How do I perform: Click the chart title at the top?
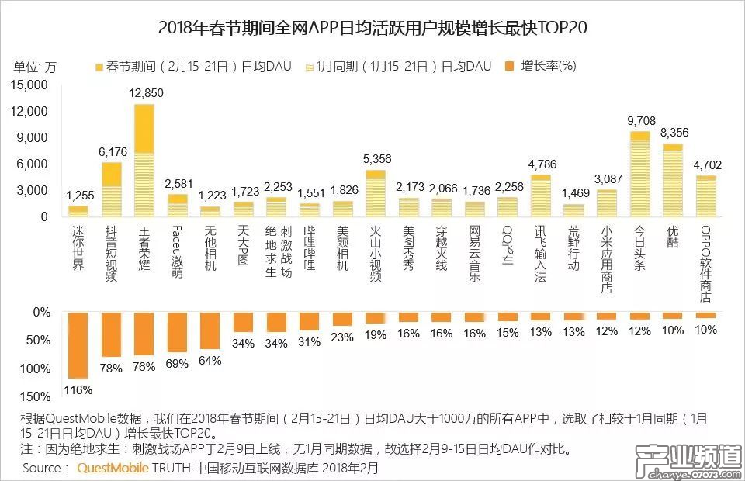pos(372,29)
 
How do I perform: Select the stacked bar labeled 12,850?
pos(144,161)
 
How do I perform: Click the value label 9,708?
pos(639,120)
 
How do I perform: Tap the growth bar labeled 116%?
pos(78,344)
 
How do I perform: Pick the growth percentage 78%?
pos(111,368)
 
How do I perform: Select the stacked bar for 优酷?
pos(673,180)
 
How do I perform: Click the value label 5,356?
pos(376,158)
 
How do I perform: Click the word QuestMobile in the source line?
pos(109,468)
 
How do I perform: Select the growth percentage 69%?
pos(177,363)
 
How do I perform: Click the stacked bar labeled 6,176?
pos(112,189)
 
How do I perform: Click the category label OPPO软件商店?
pos(705,264)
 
